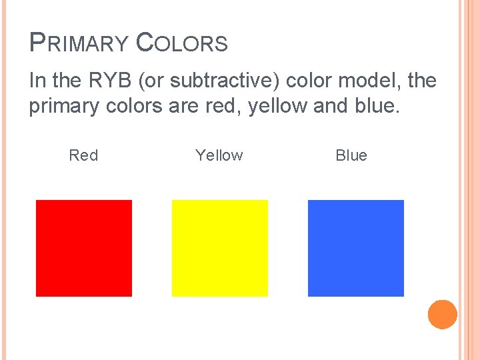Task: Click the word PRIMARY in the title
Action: tap(79, 44)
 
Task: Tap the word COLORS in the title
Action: tap(181, 44)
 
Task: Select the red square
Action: tap(84, 248)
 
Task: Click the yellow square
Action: tap(220, 248)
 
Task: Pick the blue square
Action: tap(356, 248)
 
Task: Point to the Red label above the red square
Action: tap(83, 155)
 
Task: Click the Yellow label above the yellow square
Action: tap(219, 155)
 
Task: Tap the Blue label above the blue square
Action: tap(351, 155)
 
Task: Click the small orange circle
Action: tap(442, 314)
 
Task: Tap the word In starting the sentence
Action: tap(37, 81)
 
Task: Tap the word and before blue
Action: tap(331, 107)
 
